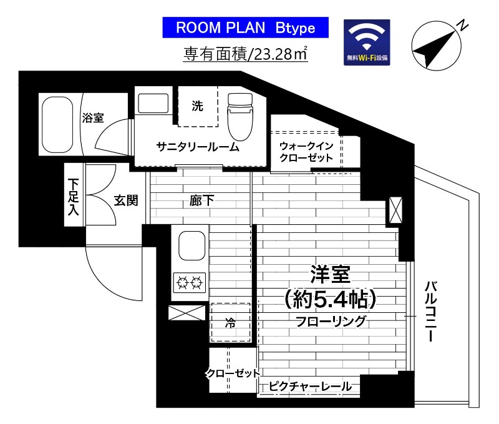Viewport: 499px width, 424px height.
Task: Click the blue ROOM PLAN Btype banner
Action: (x=245, y=28)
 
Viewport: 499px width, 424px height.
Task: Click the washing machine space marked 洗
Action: (x=197, y=106)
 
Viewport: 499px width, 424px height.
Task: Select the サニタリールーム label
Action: (x=198, y=147)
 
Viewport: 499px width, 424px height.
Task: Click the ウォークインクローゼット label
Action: (x=306, y=152)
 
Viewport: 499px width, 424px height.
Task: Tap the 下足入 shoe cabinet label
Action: (x=74, y=196)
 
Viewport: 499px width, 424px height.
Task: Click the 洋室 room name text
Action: (x=330, y=275)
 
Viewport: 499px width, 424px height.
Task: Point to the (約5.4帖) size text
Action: (x=329, y=300)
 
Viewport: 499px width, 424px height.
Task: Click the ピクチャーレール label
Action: (x=310, y=387)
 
